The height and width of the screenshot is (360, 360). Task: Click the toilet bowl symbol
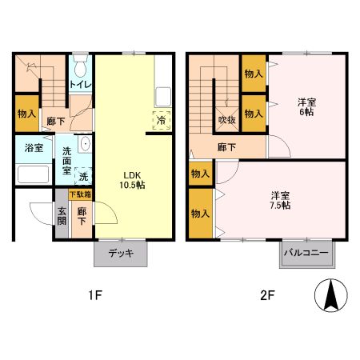(81, 66)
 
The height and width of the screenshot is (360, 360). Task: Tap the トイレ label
(81, 85)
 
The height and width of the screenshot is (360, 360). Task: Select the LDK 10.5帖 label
(132, 180)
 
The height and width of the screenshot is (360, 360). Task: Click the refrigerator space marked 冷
(162, 121)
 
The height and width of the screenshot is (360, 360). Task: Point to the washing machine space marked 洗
(83, 176)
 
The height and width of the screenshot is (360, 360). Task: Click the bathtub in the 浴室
(34, 174)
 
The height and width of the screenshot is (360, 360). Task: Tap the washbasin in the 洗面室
(85, 144)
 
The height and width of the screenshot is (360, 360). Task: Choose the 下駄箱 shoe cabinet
(80, 194)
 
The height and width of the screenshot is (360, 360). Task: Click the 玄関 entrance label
(62, 216)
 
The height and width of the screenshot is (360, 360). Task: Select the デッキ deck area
(121, 253)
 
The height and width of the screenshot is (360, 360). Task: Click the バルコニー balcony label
(306, 252)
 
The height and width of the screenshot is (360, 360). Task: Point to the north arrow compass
(331, 295)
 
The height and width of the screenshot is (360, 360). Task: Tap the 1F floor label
(95, 295)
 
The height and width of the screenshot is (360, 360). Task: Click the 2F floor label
(267, 295)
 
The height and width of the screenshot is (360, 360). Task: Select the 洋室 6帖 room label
(306, 107)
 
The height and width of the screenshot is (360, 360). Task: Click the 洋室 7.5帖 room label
(280, 200)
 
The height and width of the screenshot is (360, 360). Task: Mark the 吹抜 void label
(227, 120)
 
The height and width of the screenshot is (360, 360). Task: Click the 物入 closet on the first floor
(26, 114)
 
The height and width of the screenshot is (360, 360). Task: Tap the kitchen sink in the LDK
(163, 97)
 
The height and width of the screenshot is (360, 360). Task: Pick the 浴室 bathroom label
(34, 147)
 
